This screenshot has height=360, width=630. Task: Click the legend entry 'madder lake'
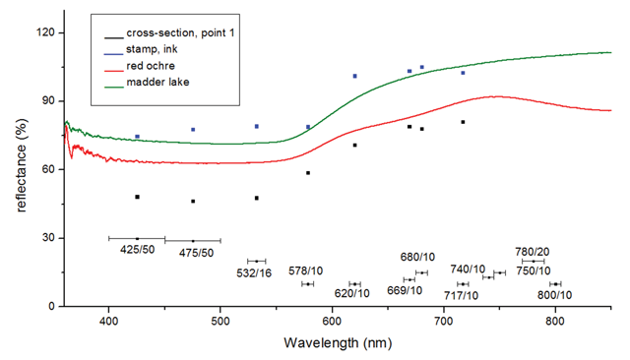tap(157, 83)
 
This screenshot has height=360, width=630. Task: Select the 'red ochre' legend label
tap(151, 66)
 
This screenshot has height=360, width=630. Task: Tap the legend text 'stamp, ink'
tap(152, 49)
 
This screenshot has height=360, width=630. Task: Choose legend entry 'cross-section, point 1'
tap(180, 32)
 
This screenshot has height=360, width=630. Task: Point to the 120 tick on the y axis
tap(45, 32)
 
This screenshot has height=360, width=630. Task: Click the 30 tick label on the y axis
tap(48, 238)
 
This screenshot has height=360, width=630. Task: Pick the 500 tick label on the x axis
tap(220, 321)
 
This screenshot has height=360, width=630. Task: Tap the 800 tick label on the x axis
tap(555, 321)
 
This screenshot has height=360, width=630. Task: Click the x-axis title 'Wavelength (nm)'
tap(338, 343)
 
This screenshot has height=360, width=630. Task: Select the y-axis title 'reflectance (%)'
tap(22, 165)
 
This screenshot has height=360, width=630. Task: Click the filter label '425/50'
tap(138, 250)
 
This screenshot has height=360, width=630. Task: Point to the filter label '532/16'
tap(254, 273)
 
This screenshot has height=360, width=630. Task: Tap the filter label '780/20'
tap(533, 252)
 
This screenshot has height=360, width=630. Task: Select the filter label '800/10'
tap(555, 295)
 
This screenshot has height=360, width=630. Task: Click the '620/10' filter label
tap(352, 293)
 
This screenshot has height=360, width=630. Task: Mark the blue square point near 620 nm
tap(354, 76)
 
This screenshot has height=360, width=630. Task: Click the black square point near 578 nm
tap(308, 173)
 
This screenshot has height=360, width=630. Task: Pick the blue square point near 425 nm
tap(137, 137)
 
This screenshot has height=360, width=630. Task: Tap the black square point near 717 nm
tap(463, 122)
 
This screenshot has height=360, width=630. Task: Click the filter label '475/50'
tap(197, 253)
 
